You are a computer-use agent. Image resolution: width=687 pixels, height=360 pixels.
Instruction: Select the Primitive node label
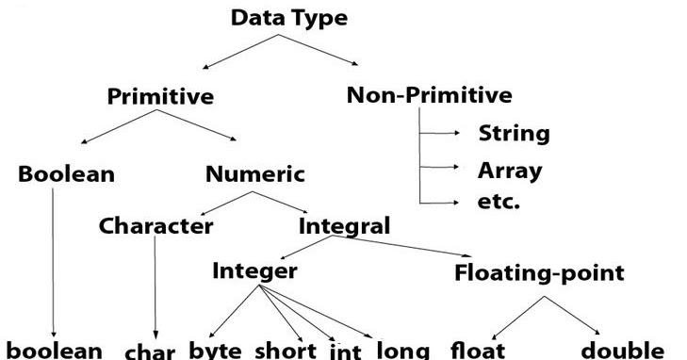160,96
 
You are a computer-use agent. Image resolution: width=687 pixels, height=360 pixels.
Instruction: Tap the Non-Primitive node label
430,94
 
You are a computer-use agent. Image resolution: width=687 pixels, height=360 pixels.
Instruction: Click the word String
514,133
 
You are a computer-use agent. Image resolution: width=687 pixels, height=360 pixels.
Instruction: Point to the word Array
510,171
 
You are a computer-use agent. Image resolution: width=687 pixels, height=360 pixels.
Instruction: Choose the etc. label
499,202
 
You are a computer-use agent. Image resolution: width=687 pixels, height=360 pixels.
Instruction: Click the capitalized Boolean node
66,174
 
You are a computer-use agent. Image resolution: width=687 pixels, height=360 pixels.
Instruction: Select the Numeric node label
255,174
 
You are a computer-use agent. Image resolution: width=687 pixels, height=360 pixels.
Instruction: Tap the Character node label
155,226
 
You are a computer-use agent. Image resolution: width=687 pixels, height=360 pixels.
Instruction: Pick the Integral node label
344,226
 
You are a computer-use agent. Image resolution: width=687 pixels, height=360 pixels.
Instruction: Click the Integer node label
254,271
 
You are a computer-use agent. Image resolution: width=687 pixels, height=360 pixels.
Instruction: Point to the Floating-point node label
539,273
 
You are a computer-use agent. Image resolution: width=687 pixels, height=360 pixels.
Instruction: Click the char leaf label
151,352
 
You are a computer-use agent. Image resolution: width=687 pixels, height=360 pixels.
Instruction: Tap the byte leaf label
216,350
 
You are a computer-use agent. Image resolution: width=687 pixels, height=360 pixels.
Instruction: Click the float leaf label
480,350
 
